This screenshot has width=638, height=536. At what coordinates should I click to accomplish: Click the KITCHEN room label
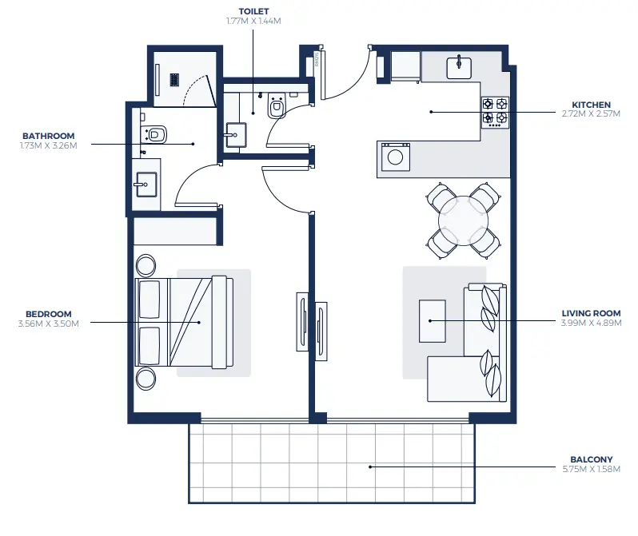[x=591, y=105]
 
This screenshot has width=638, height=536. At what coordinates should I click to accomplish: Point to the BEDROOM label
[x=48, y=314]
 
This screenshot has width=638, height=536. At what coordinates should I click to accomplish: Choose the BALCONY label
[x=591, y=459]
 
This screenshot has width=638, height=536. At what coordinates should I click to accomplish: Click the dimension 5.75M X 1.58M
[x=591, y=469]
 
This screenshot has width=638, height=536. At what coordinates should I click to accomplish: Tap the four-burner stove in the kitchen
[x=495, y=112]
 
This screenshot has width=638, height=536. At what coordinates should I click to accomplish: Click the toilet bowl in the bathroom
[x=155, y=133]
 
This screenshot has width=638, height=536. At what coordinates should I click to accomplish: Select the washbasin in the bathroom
[x=145, y=186]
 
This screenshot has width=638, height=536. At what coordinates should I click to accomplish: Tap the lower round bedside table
[x=146, y=378]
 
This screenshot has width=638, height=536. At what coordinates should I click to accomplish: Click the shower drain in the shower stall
[x=174, y=78]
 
